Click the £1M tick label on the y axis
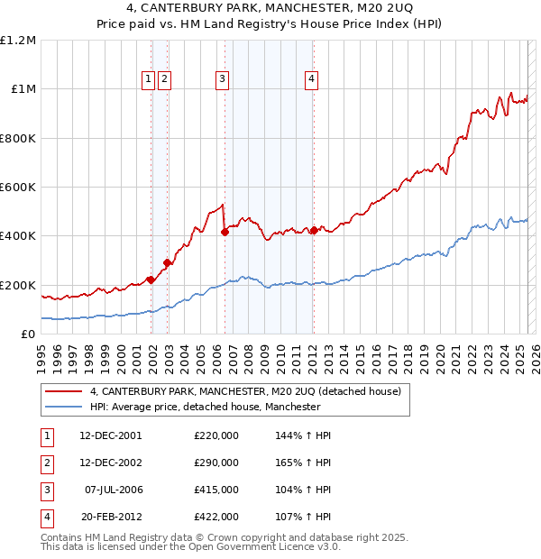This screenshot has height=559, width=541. tap(23, 89)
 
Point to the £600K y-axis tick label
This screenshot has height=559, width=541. tap(18, 188)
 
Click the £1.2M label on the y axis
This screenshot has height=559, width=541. tap(18, 41)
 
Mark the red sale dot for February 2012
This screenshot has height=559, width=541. tap(314, 231)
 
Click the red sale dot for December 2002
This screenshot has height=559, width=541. tap(167, 263)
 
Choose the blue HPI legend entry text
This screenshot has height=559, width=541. tap(205, 407)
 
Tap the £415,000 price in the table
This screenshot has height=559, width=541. tap(216, 490)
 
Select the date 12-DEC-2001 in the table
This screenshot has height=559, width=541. tap(111, 435)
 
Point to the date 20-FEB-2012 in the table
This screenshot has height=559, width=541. tap(111, 517)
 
